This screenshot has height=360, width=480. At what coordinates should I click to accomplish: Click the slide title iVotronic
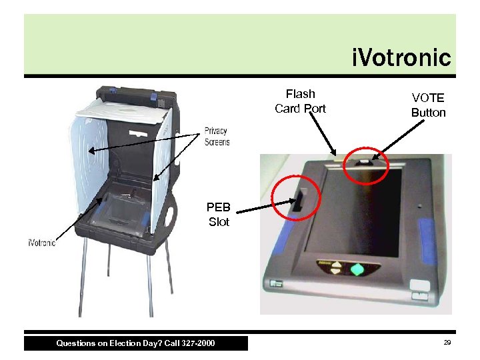(401, 57)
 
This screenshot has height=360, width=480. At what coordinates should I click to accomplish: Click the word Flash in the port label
(300, 94)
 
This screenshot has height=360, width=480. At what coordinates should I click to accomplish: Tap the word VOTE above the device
(428, 97)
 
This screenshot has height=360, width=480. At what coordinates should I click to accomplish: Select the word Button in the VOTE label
(428, 113)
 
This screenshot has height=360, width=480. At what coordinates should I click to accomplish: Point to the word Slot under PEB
(219, 222)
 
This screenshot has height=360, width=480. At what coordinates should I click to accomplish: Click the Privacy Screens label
(217, 136)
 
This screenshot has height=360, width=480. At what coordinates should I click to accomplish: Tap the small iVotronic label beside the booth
(42, 243)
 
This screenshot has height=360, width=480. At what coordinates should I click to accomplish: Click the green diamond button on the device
(357, 270)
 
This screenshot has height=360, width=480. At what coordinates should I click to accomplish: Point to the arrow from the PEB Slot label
(261, 209)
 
